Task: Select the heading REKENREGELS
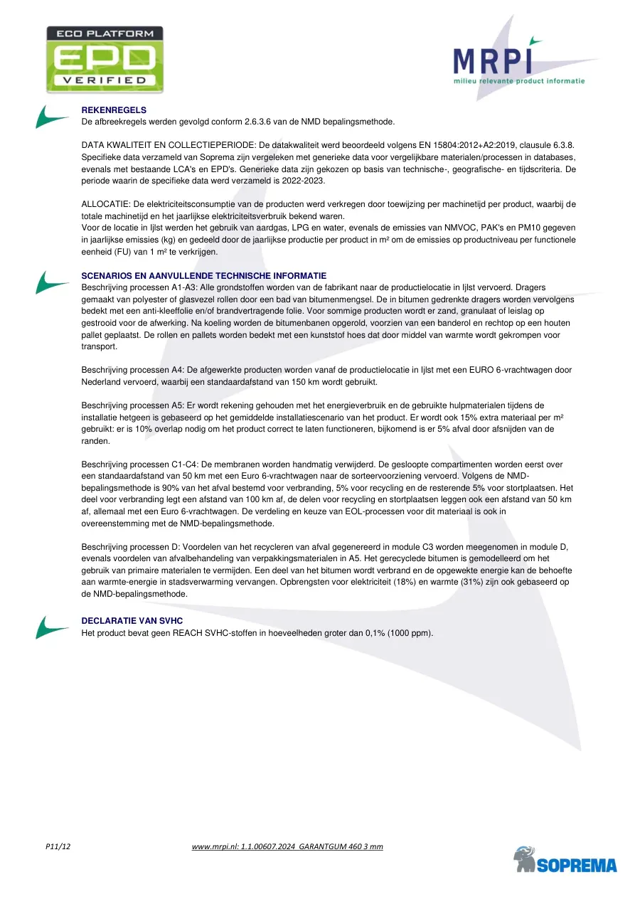click(x=114, y=110)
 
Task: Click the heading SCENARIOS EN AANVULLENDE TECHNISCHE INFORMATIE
click(x=204, y=276)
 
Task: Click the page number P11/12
click(x=58, y=846)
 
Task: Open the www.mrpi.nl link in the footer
click(x=287, y=846)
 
